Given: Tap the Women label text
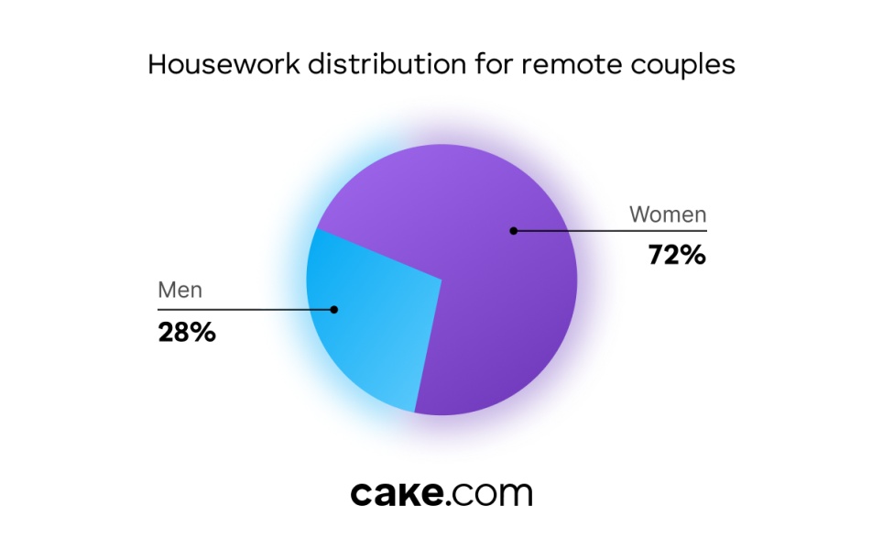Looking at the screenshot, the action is (x=668, y=214).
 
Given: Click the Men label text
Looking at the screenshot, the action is (x=180, y=290).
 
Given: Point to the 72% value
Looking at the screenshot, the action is (x=677, y=255).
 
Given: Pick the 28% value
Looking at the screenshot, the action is (x=186, y=332).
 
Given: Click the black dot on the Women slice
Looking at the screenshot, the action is (x=513, y=230).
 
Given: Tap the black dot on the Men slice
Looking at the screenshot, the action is (x=334, y=310).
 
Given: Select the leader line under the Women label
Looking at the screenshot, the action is (x=610, y=230).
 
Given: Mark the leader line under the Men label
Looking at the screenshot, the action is (x=245, y=310).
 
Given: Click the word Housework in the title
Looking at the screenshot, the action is (x=223, y=64).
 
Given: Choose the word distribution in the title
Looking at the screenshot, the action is (x=387, y=64).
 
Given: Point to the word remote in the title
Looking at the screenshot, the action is (x=572, y=65).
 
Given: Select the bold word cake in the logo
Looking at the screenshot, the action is (x=397, y=493).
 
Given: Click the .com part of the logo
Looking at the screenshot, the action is (x=489, y=495).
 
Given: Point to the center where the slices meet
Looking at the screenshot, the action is (x=442, y=280).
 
